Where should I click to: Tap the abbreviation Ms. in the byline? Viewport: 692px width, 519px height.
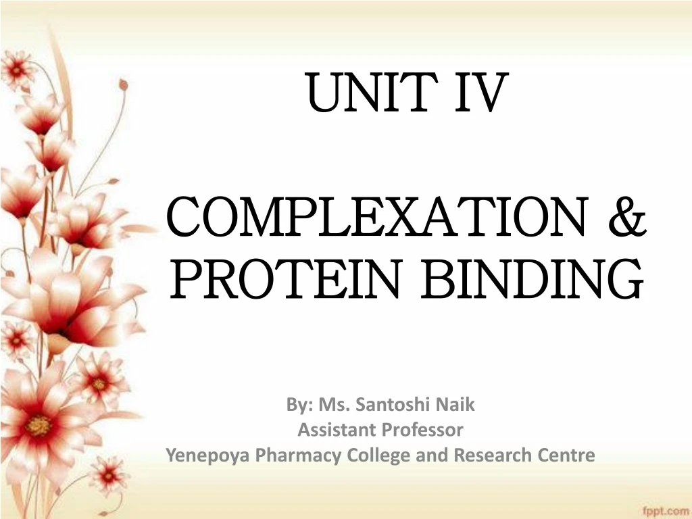click(x=332, y=405)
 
